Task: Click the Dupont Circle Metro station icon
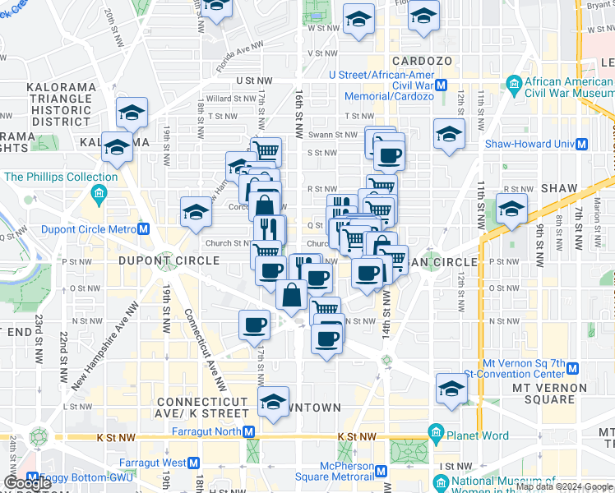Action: click(144, 229)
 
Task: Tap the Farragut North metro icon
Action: click(249, 431)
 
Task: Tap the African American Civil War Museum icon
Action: click(515, 84)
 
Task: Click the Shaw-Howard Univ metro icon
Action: click(582, 143)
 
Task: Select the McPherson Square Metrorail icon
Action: click(381, 471)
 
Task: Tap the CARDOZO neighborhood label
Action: click(423, 62)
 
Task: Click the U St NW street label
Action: click(253, 81)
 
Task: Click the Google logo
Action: click(27, 483)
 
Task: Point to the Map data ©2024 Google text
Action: click(565, 486)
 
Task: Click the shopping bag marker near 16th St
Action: click(292, 294)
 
